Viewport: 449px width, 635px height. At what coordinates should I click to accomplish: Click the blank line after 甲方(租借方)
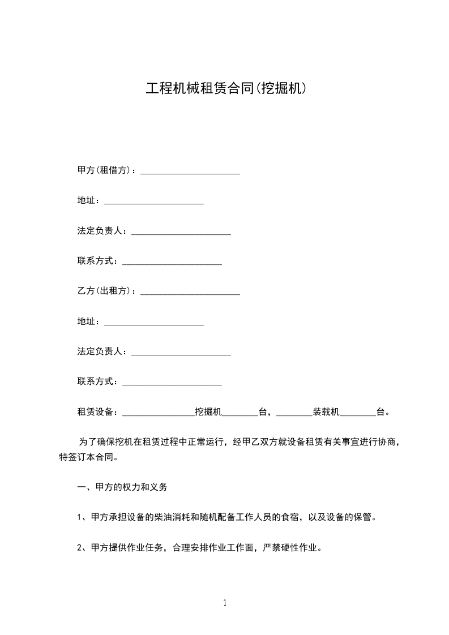(190, 172)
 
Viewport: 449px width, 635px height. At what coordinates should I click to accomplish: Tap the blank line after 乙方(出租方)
(190, 293)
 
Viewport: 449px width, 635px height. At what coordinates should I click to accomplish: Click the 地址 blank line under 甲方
(154, 202)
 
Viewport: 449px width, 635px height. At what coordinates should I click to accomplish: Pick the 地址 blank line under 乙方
(154, 323)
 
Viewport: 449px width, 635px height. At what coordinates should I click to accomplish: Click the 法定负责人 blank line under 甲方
(181, 233)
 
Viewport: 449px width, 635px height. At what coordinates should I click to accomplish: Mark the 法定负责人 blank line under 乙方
(181, 354)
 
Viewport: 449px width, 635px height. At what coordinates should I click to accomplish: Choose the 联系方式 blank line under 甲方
(172, 263)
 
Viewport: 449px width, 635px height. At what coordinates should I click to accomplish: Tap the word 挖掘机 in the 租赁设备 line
(208, 412)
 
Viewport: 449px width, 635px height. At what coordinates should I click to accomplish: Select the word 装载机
(326, 412)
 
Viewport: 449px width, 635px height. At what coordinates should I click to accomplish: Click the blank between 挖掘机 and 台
(240, 414)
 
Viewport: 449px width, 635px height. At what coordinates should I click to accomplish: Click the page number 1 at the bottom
(225, 603)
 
